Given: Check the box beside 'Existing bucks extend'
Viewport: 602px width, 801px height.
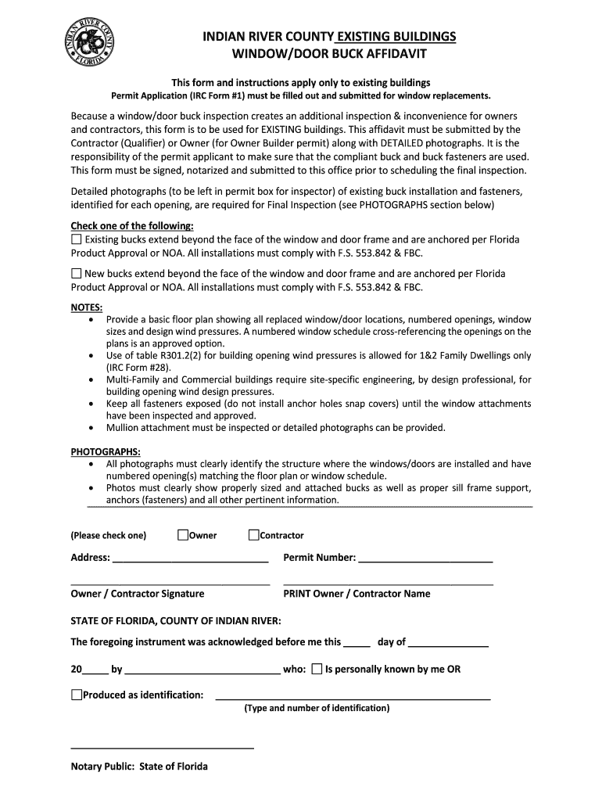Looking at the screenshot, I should pos(76,239).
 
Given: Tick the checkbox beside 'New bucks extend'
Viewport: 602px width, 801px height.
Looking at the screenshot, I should pos(76,274).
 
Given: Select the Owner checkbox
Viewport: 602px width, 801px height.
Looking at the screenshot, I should pos(182,535).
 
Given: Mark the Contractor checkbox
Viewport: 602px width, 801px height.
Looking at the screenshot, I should pos(253,535).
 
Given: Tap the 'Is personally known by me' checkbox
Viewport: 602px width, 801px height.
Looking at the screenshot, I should pos(317,669).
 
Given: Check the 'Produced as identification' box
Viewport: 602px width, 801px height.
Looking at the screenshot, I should pos(76,695).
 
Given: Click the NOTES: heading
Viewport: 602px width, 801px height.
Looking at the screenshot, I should pos(86,307).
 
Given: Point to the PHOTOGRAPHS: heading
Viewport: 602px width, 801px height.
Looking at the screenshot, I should pos(106,452).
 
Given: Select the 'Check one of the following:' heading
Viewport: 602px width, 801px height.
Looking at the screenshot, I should pos(132,226).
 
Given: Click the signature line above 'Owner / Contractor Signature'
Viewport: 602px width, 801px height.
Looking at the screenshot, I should pos(170,584).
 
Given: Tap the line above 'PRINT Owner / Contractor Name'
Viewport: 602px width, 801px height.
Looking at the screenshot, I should pos(388,584).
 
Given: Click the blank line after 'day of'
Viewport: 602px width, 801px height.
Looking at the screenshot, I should pos(448,646).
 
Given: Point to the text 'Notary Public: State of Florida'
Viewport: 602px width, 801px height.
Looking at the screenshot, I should pos(139,767).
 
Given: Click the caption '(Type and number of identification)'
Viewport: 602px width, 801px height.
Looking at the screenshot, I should pos(316,708).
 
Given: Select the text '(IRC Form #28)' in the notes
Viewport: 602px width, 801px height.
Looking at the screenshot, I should pos(138,368).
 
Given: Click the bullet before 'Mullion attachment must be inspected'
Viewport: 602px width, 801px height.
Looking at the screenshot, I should pos(95,428).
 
